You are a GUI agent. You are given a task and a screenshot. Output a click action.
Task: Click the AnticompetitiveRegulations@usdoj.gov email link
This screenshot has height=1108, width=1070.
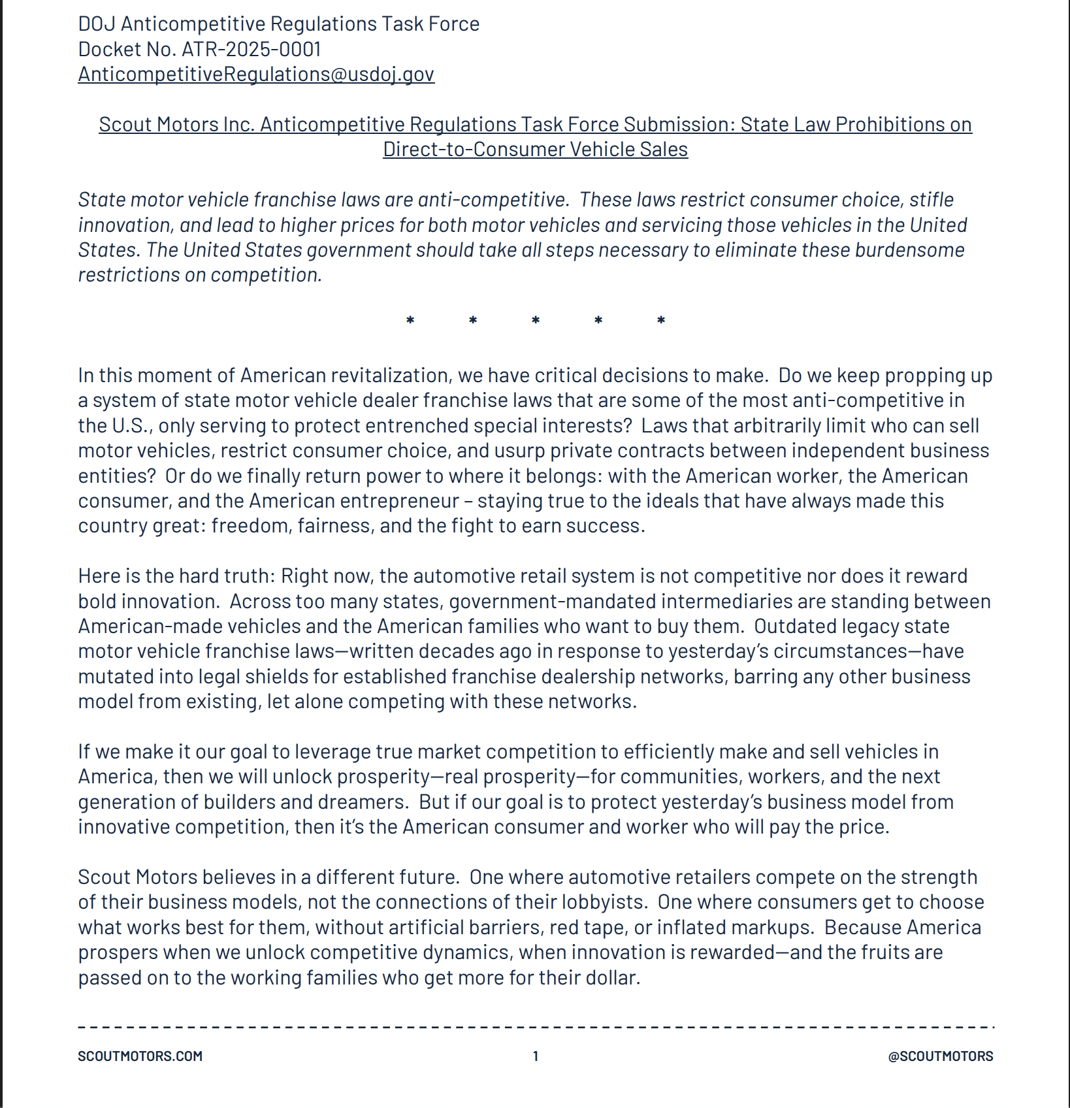point(256,74)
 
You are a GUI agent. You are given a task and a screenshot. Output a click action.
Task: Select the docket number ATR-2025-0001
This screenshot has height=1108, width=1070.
point(251,49)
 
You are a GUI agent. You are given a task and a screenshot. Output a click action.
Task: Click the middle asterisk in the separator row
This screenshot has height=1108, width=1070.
point(536,320)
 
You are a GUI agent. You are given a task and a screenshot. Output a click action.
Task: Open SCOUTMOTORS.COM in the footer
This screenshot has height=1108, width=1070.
point(140,1056)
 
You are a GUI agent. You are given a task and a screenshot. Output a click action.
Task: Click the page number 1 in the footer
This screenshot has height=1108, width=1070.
point(536,1056)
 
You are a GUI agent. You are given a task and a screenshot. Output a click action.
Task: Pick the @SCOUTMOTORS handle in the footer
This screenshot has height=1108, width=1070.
point(940,1056)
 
